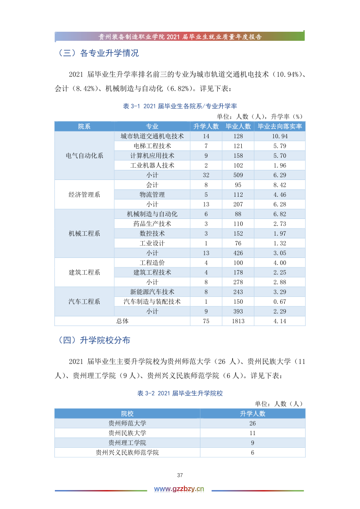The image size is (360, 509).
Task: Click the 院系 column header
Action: [84, 126]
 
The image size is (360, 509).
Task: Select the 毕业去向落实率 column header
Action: [280, 126]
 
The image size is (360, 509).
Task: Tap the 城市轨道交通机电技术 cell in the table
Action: [152, 136]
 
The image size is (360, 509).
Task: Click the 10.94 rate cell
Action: [280, 136]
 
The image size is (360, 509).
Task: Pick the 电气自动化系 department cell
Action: [84, 155]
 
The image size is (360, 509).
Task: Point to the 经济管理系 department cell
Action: [84, 194]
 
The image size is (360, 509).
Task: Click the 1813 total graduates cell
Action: [238, 321]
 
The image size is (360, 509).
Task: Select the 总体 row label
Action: [122, 321]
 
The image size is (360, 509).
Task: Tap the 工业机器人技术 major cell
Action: [152, 165]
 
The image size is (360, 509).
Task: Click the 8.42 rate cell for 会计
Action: [280, 185]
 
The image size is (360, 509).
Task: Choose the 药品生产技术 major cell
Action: [152, 224]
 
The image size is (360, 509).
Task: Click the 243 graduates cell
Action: [238, 292]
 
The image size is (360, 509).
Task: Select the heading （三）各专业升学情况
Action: [98, 53]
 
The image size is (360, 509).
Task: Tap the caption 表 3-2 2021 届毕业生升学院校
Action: [180, 393]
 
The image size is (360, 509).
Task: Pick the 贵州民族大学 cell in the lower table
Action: [127, 433]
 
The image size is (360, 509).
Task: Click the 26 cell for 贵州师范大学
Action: [253, 423]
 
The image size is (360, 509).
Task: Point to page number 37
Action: [180, 475]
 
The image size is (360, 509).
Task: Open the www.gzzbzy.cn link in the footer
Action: [180, 489]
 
